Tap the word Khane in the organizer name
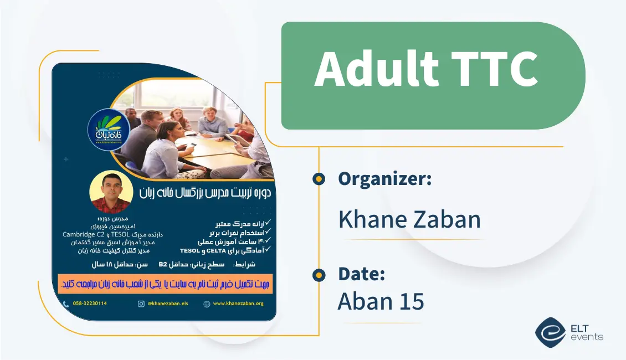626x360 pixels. point(371,219)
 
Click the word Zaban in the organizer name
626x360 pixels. point(445,219)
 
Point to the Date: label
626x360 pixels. point(362,274)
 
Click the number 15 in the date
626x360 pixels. point(411,301)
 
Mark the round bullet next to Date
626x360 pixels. point(319,274)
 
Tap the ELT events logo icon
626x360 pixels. point(550,331)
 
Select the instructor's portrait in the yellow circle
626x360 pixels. point(111,192)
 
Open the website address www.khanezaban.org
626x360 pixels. point(238,304)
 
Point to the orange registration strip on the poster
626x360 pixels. point(166,283)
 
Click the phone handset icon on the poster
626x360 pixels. point(66,304)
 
